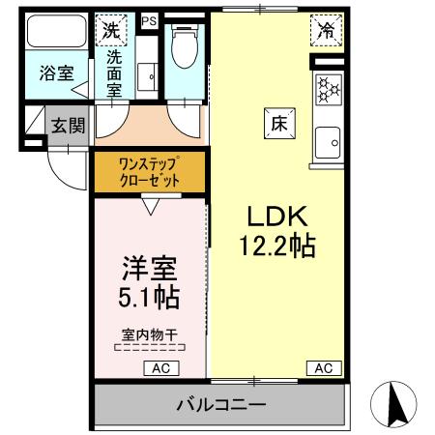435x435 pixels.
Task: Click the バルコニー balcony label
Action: [219, 404]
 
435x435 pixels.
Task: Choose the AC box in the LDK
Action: [324, 367]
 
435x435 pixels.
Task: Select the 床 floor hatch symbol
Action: [276, 124]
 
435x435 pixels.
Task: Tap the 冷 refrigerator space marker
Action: [329, 31]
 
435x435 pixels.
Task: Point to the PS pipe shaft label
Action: [148, 18]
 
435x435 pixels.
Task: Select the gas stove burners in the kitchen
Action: [329, 90]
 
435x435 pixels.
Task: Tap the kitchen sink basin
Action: [329, 143]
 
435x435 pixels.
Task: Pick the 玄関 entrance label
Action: [67, 125]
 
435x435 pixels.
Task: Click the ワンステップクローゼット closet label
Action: [149, 170]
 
